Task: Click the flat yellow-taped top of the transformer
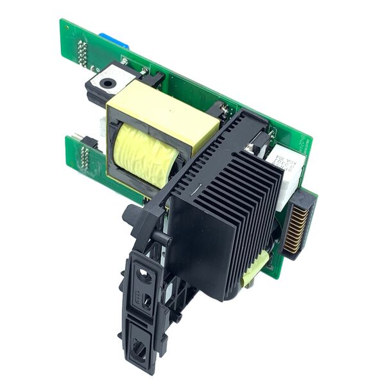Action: (164, 114)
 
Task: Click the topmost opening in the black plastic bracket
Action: (144, 276)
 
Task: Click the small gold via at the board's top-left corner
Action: (64, 26)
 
